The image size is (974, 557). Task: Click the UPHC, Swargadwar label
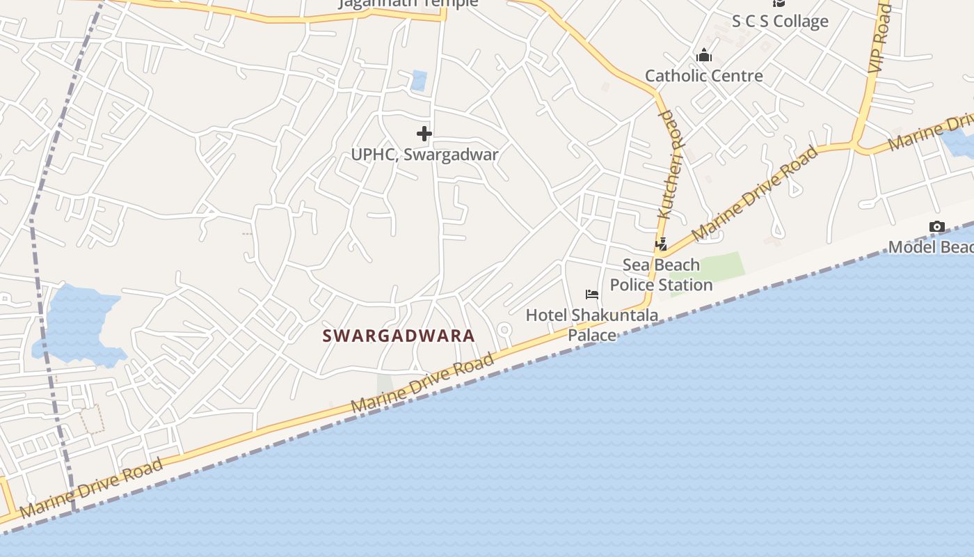click(424, 155)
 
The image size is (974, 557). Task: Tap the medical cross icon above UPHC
click(424, 134)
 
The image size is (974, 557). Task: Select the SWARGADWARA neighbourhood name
click(399, 336)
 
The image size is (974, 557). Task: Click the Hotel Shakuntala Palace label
click(592, 325)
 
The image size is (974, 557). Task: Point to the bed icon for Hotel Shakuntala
click(592, 295)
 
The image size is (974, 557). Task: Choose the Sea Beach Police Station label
click(661, 275)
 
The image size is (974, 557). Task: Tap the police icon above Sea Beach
click(661, 244)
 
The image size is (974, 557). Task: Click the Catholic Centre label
click(703, 76)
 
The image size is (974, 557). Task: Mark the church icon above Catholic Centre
click(704, 55)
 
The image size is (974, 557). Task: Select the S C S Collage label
click(780, 22)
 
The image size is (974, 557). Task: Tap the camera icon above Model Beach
click(936, 227)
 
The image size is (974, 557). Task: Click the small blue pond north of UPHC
click(419, 81)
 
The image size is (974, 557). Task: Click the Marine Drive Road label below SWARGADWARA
click(422, 383)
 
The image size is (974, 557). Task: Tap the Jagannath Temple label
click(408, 3)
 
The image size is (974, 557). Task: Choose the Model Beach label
click(931, 247)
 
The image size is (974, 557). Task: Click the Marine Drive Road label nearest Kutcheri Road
click(754, 194)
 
